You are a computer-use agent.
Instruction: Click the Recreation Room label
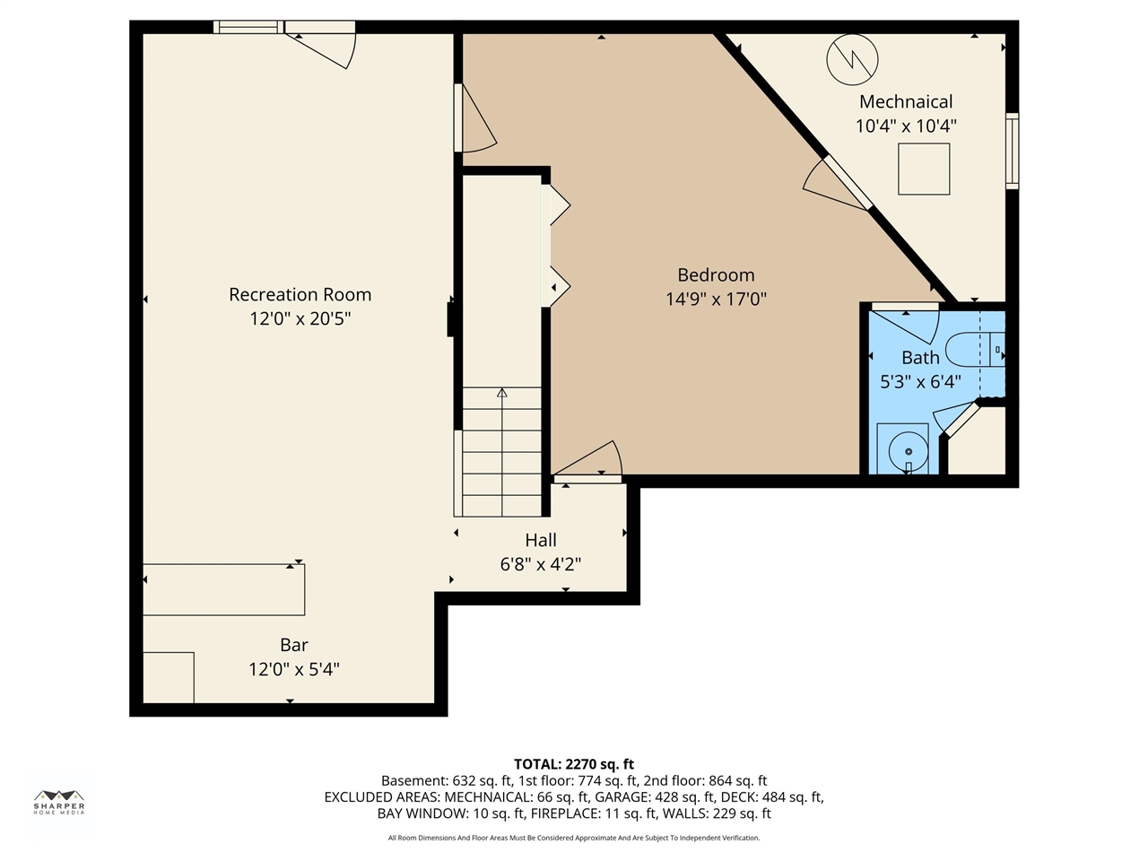click(x=300, y=294)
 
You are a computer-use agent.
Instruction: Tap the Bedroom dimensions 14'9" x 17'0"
click(x=716, y=299)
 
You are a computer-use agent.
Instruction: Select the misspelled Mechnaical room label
click(x=906, y=101)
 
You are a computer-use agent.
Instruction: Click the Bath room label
click(x=920, y=358)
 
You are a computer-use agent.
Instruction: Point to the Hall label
click(x=541, y=540)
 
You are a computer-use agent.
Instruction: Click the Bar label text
click(x=294, y=645)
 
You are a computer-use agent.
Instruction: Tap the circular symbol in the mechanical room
click(x=852, y=59)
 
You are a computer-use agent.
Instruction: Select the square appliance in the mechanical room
click(x=924, y=169)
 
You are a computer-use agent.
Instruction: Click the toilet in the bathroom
click(x=973, y=349)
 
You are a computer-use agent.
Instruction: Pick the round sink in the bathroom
click(x=909, y=451)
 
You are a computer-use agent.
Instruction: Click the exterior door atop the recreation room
click(x=321, y=43)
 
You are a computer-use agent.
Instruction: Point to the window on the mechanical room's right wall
click(x=1012, y=151)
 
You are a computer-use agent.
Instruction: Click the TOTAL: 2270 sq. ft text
click(x=574, y=764)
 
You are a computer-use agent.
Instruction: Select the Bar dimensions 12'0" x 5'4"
click(x=294, y=669)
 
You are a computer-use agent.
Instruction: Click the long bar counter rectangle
click(x=224, y=589)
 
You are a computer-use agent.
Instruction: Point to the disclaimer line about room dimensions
click(x=574, y=838)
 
